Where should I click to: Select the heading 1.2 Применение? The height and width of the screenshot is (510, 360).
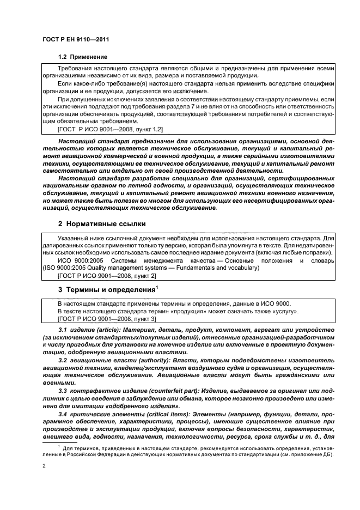[x=82, y=57]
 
